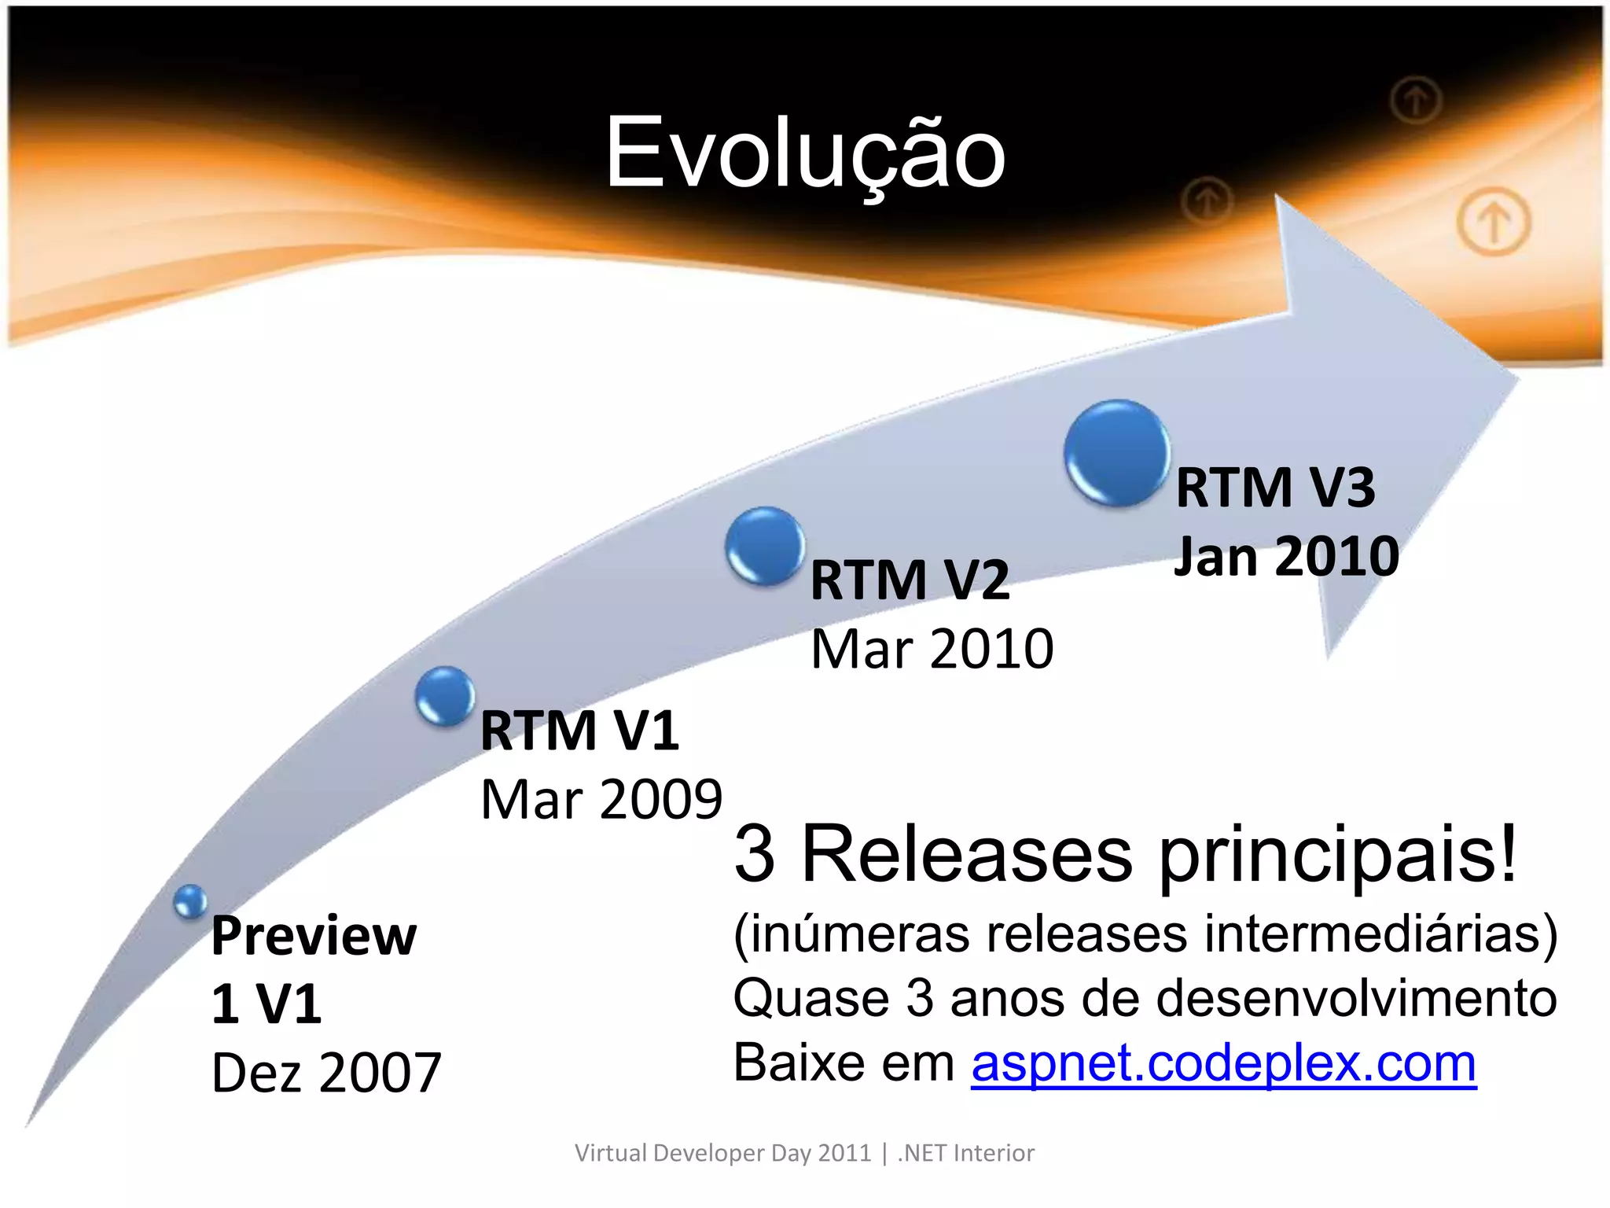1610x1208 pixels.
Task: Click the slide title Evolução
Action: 805,153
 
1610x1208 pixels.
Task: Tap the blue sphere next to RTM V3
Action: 1116,452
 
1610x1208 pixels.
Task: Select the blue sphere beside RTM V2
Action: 765,546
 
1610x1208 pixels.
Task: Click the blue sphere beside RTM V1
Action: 445,695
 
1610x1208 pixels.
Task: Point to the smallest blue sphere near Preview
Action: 190,901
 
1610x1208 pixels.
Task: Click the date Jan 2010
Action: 1286,557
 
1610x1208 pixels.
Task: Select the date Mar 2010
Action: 932,650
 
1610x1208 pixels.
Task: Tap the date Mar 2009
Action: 601,800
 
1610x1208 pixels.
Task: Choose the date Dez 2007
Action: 326,1073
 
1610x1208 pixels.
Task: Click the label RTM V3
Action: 1275,488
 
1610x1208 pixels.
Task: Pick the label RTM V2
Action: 910,580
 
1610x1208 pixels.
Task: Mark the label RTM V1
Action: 579,731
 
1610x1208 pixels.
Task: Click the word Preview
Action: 314,936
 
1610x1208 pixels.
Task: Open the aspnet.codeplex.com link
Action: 1223,1063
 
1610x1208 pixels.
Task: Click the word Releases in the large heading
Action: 967,855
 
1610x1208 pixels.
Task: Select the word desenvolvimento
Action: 1357,999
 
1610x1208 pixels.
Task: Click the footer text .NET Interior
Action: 965,1153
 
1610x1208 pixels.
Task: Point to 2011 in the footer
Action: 844,1153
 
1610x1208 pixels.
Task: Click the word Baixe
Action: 799,1063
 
